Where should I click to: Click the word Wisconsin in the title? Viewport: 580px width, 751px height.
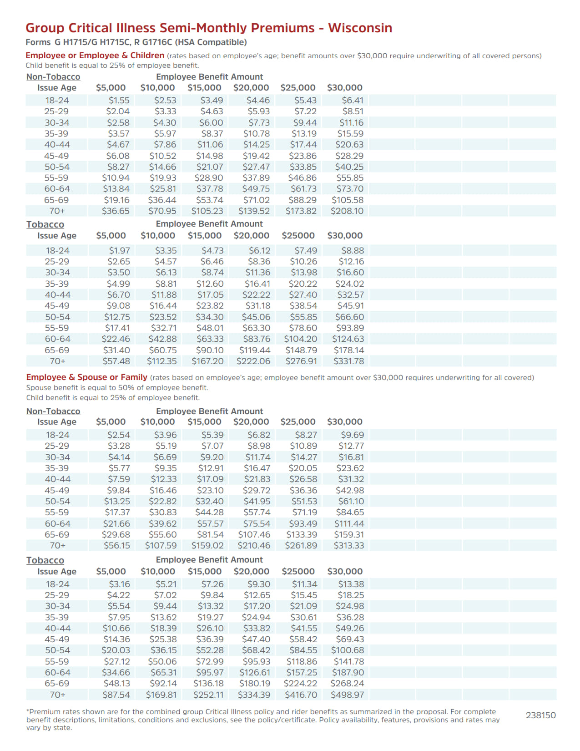[360, 28]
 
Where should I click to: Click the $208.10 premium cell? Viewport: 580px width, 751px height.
[347, 211]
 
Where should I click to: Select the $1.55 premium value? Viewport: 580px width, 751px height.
[119, 100]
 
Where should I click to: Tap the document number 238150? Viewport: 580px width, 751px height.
[540, 715]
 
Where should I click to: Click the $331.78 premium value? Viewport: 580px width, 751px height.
[348, 361]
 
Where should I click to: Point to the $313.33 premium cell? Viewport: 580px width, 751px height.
[348, 546]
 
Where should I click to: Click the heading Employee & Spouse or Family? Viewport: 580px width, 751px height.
[86, 377]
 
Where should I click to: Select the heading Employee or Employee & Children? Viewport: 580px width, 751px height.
[95, 56]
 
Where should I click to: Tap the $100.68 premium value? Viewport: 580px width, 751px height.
[348, 650]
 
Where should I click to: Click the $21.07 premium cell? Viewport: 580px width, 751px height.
[210, 167]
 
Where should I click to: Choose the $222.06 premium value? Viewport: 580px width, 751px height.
[253, 361]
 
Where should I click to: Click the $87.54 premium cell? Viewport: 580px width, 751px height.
[116, 695]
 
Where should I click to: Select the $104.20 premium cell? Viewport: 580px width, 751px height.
[300, 339]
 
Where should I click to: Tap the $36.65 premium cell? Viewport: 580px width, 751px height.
[116, 211]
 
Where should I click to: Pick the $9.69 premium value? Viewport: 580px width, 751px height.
[352, 435]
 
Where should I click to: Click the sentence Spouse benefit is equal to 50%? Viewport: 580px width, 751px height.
[117, 388]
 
